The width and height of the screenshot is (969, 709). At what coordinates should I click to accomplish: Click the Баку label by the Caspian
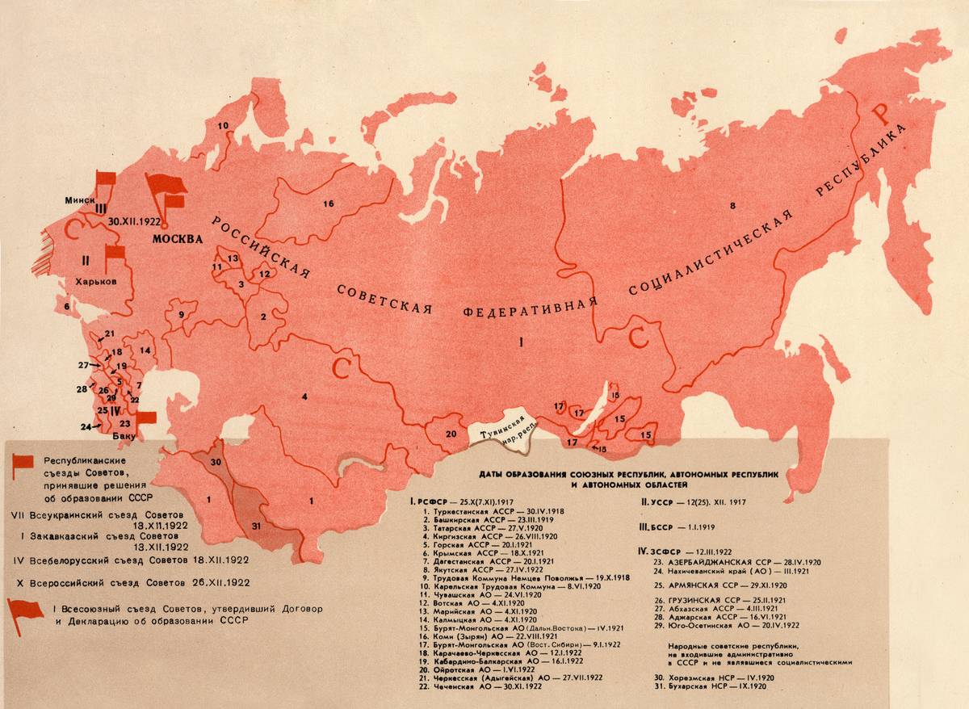tap(125, 434)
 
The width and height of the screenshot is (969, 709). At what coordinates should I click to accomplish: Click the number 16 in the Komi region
tap(328, 203)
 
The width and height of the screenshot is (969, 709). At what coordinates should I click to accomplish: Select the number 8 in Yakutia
tap(732, 207)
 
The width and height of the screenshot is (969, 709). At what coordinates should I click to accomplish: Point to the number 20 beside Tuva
tap(450, 433)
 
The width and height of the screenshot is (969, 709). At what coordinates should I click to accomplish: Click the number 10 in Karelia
tap(224, 125)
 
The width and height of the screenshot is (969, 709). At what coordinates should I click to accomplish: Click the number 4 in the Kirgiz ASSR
tap(304, 396)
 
